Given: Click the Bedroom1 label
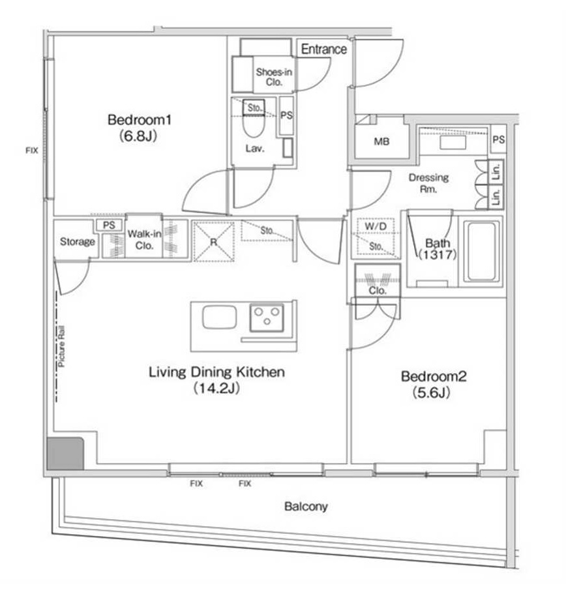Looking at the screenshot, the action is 140,120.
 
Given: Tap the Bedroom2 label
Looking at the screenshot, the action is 434,376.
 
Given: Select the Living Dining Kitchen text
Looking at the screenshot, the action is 216,372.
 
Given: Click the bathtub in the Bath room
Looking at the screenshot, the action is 481,251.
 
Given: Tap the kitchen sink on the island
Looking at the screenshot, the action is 220,317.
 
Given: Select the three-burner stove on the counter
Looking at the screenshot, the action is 267,317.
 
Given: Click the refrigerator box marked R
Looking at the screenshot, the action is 214,241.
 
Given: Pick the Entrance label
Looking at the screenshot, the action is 324,49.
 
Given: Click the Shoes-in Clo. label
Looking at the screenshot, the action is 274,77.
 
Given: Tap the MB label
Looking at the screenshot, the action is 381,141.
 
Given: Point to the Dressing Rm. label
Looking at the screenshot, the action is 428,183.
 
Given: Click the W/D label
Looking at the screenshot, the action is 376,226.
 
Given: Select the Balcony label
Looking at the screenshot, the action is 306,507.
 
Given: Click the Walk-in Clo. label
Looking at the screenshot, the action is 144,239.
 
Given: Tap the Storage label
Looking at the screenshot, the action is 78,242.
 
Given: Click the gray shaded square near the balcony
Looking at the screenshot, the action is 65,453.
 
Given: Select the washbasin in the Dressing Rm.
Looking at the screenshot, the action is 453,142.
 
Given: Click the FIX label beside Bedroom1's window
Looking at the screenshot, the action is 32,151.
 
